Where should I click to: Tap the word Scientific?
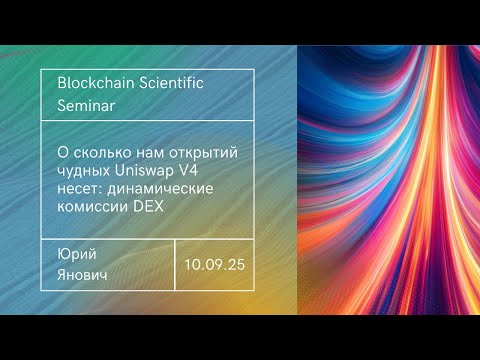170,83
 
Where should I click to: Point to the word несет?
82,189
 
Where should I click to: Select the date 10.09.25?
214,265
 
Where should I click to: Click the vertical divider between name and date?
175,264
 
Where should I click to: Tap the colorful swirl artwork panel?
390,180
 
